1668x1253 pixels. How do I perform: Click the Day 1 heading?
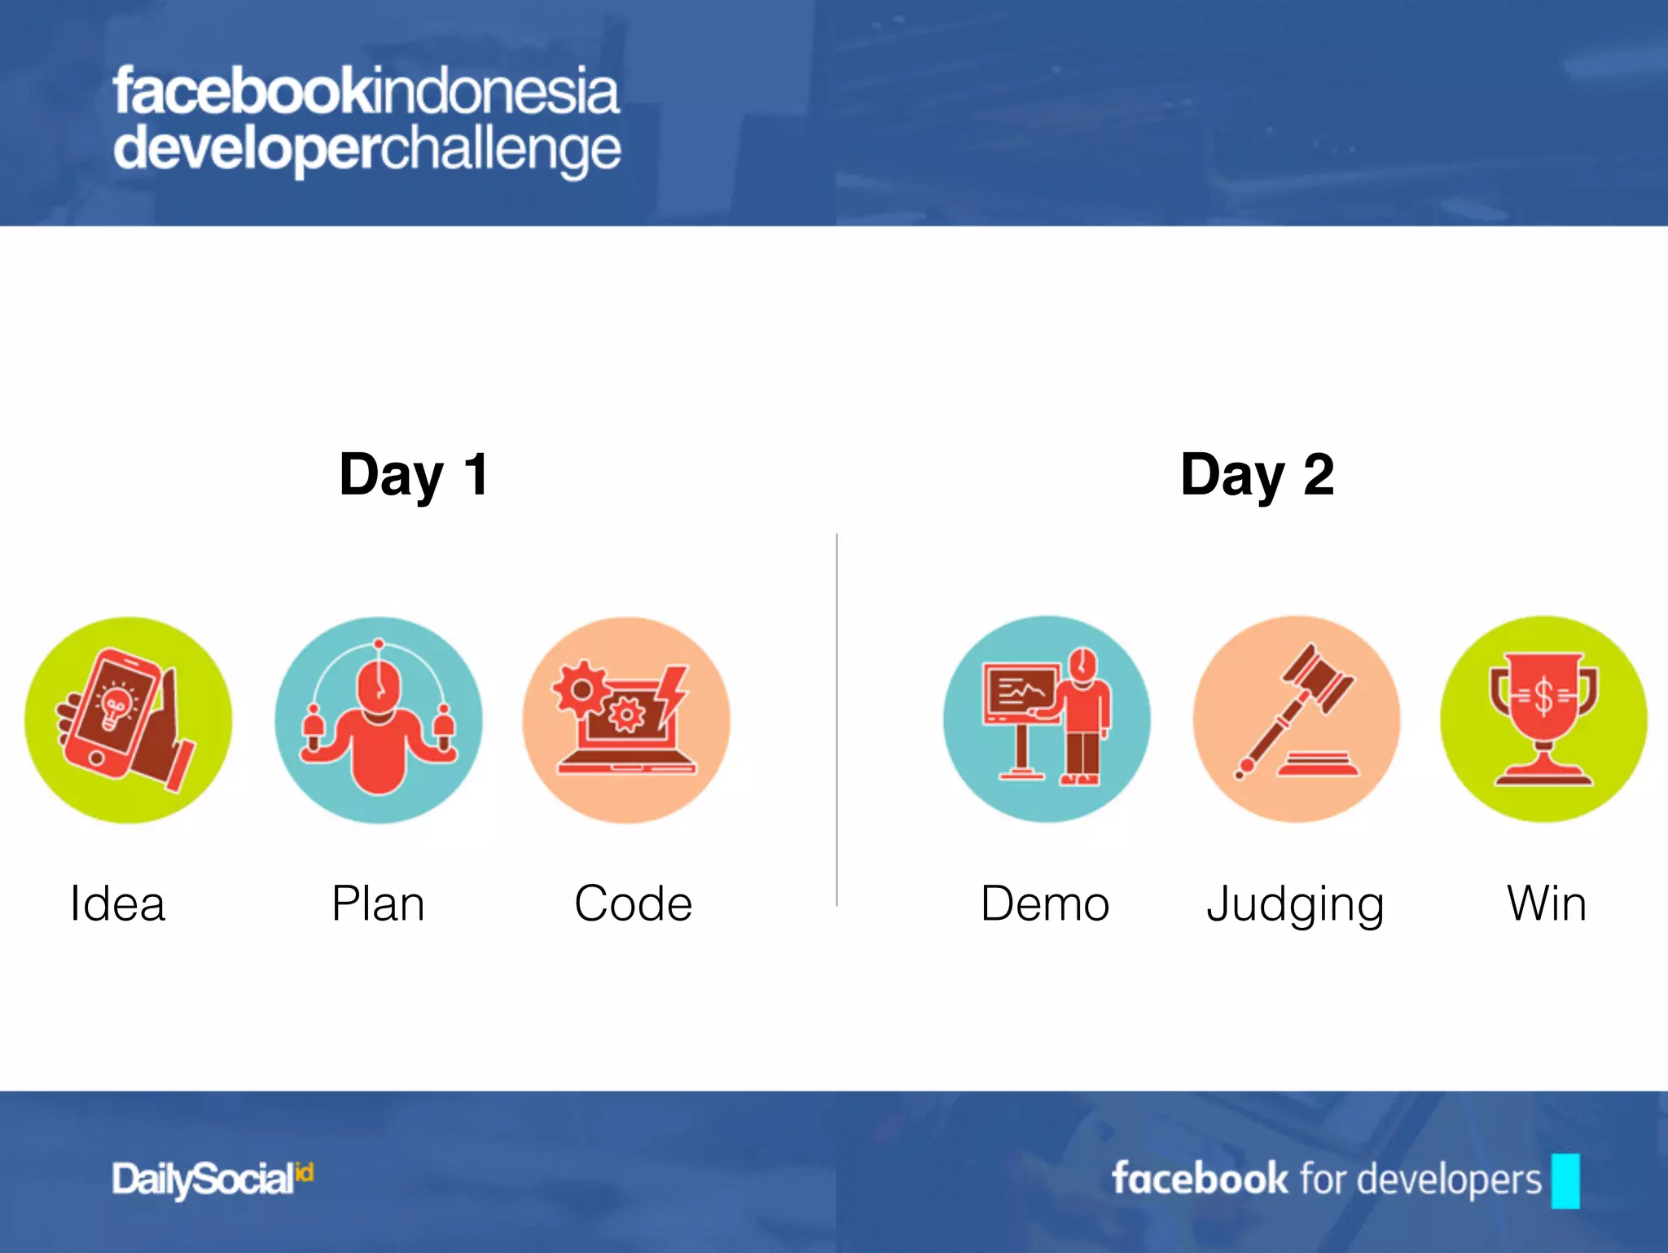(414, 475)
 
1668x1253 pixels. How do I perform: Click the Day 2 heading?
(1257, 475)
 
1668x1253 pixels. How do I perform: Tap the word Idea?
(118, 903)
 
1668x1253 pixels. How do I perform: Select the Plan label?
(378, 903)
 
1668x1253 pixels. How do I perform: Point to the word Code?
(633, 903)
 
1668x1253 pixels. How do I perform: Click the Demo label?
(1045, 903)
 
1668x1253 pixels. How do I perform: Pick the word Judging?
(1295, 905)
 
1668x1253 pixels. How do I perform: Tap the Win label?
(1546, 903)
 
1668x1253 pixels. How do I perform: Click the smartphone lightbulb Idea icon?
(128, 720)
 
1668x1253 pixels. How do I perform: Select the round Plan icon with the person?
(378, 720)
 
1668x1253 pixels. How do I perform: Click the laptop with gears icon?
(626, 720)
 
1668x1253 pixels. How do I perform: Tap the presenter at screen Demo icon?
(1047, 719)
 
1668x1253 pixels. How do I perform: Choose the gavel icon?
(1297, 719)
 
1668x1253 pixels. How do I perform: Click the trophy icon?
(1543, 719)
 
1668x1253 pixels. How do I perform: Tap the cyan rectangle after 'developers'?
(1565, 1180)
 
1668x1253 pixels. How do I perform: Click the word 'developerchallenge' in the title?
(367, 149)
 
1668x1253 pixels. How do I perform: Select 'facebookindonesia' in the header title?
(367, 91)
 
